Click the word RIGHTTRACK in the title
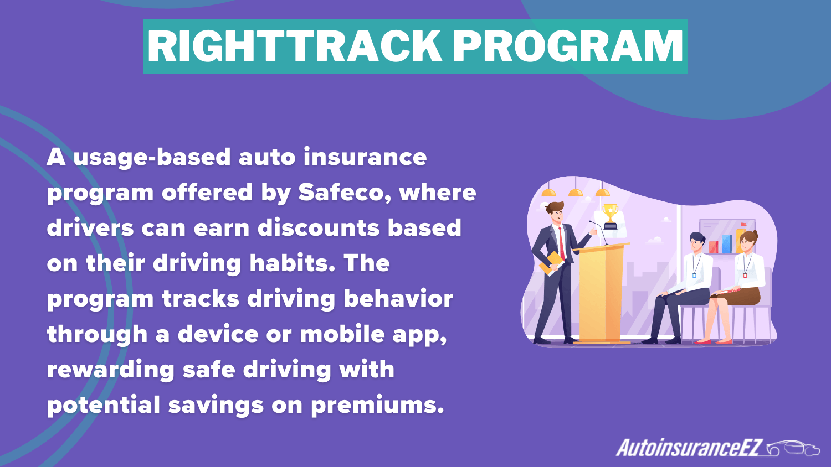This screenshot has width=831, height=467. [294, 46]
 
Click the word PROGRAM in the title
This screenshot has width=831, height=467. [568, 46]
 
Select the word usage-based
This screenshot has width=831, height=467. [152, 158]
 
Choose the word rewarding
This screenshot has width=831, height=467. [111, 370]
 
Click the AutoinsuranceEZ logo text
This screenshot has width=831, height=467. [690, 448]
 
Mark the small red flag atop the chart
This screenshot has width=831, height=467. [743, 225]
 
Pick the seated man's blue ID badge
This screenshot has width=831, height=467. [694, 274]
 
